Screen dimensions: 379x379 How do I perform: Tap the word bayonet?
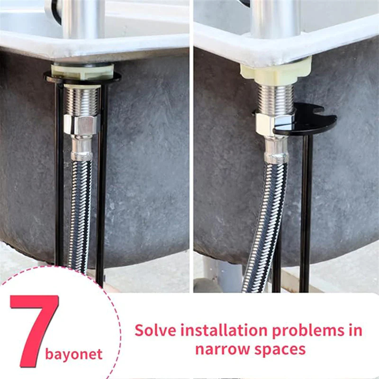tap(73, 354)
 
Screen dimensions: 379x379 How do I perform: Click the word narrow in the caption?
tap(223, 349)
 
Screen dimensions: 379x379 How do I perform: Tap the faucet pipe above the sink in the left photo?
tap(83, 19)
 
